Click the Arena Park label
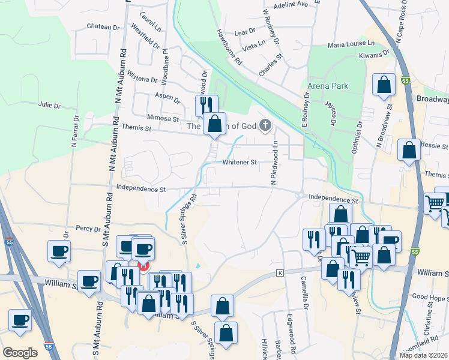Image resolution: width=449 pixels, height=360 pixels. point(328,86)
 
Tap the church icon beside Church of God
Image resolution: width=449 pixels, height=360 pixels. point(265,125)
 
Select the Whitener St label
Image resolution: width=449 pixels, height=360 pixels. point(240,162)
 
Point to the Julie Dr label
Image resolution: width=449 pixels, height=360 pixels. point(49,105)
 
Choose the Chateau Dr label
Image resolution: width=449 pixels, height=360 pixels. point(103,26)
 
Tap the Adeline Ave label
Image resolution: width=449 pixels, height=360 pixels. point(290,4)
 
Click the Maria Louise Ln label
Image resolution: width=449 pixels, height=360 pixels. point(351,44)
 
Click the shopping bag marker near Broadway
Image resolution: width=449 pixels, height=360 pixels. point(384,85)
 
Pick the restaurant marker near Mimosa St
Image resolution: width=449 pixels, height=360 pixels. point(205,106)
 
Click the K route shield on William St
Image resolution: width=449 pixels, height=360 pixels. point(279,273)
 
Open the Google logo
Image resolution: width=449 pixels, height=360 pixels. point(20,353)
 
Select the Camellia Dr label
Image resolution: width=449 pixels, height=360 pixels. point(305,292)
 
